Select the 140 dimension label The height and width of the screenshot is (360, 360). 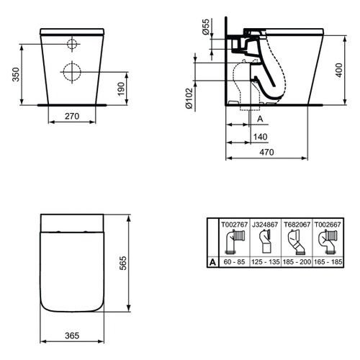tap(259, 135)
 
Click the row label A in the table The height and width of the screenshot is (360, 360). tap(212, 264)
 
